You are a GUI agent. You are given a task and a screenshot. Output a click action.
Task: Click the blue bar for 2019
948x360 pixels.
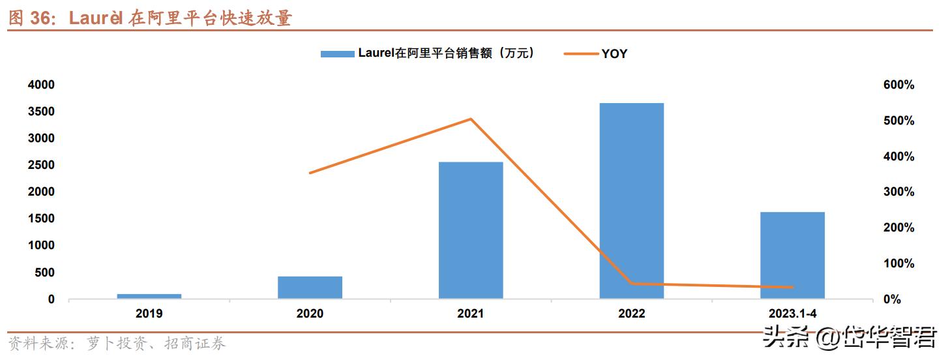[149, 296]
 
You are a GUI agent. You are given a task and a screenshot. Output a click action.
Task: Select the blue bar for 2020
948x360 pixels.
[310, 288]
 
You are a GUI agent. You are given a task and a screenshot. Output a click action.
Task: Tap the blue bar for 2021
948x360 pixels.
[471, 230]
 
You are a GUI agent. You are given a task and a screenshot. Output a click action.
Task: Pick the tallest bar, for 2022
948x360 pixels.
[631, 201]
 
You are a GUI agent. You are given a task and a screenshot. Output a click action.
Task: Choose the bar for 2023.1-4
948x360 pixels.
[792, 255]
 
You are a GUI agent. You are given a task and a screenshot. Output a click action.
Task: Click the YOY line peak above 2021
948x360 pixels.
[471, 119]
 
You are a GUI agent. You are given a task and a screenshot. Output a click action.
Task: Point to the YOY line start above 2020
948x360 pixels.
[310, 173]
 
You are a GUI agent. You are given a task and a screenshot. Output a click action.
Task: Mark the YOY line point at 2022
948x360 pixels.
[631, 284]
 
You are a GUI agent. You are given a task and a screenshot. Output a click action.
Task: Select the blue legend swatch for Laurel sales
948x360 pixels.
[338, 54]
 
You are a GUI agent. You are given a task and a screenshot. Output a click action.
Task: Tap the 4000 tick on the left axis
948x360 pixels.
[41, 85]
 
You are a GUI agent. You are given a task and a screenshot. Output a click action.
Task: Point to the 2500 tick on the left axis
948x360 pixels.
[41, 165]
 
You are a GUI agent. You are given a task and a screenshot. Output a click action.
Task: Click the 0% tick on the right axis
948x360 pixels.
[905, 299]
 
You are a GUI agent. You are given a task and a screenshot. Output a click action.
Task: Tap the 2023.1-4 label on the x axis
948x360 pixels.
[792, 314]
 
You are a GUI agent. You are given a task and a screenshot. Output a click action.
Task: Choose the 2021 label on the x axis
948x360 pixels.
[471, 314]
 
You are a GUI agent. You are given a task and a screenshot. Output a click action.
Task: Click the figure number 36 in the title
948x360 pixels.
[43, 19]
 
